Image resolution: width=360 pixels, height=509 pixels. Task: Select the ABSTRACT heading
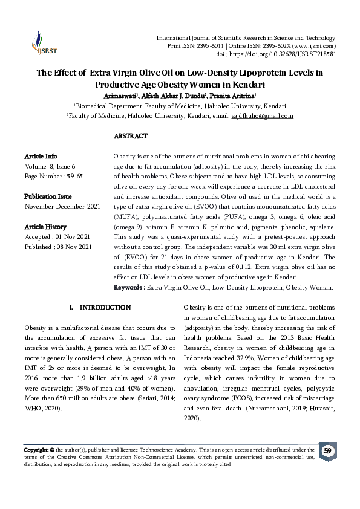click(130, 136)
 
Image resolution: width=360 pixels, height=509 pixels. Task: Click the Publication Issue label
click(48, 196)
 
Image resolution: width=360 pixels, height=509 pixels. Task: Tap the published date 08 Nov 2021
click(76, 247)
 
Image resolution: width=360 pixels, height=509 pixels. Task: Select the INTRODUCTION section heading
click(105, 308)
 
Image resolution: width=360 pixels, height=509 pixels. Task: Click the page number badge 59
click(327, 452)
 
